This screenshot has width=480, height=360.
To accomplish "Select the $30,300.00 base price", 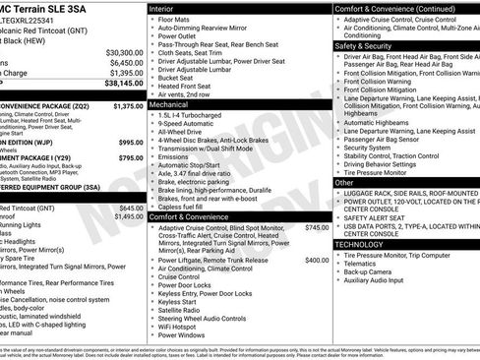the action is point(124,51).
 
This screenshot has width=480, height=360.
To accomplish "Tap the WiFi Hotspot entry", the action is point(184,325).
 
